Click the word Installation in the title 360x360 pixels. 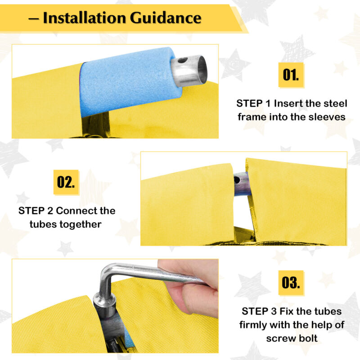[x=85, y=18]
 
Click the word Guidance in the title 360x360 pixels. [x=166, y=18]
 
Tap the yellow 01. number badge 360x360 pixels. [x=291, y=75]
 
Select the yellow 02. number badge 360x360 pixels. [x=66, y=182]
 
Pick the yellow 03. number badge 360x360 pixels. [x=291, y=283]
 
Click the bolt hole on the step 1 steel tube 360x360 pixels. [x=183, y=60]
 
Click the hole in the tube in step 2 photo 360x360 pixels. [x=237, y=180]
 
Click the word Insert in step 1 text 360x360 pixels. [x=288, y=103]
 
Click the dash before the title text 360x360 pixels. [x=33, y=19]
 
